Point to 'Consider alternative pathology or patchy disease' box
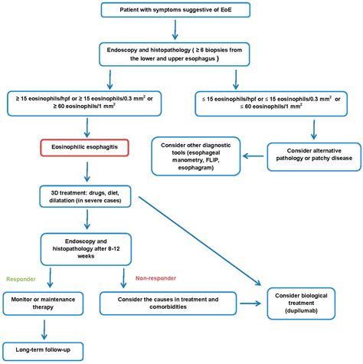[308, 153]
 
